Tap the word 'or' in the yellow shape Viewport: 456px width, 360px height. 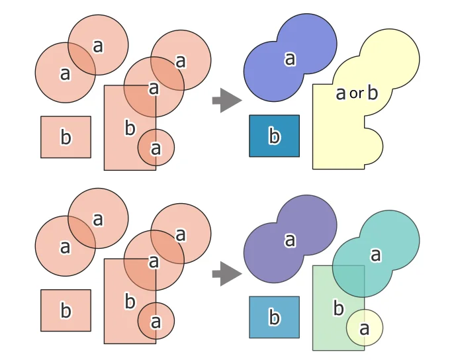pyautogui.click(x=356, y=94)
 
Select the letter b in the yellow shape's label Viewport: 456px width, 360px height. pyautogui.click(x=372, y=93)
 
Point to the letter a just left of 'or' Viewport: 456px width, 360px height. pyautogui.click(x=341, y=93)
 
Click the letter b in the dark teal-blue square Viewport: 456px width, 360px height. pyautogui.click(x=274, y=137)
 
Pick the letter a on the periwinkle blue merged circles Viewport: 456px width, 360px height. pyautogui.click(x=290, y=60)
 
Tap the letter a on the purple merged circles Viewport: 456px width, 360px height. pyautogui.click(x=290, y=240)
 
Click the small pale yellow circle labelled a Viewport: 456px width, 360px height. pyautogui.click(x=365, y=328)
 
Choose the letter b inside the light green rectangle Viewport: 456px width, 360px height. pyautogui.click(x=338, y=308)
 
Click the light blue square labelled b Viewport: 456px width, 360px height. pyautogui.click(x=274, y=318)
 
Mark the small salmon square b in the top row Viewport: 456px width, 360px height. pyautogui.click(x=66, y=138)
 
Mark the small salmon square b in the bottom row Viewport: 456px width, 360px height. pyautogui.click(x=66, y=310)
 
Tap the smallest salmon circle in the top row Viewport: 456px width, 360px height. pyautogui.click(x=156, y=148)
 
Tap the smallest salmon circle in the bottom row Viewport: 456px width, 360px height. pyautogui.click(x=156, y=321)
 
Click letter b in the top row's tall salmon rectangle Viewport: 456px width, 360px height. pyautogui.click(x=130, y=128)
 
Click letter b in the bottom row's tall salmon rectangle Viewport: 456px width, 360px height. pyautogui.click(x=130, y=302)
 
